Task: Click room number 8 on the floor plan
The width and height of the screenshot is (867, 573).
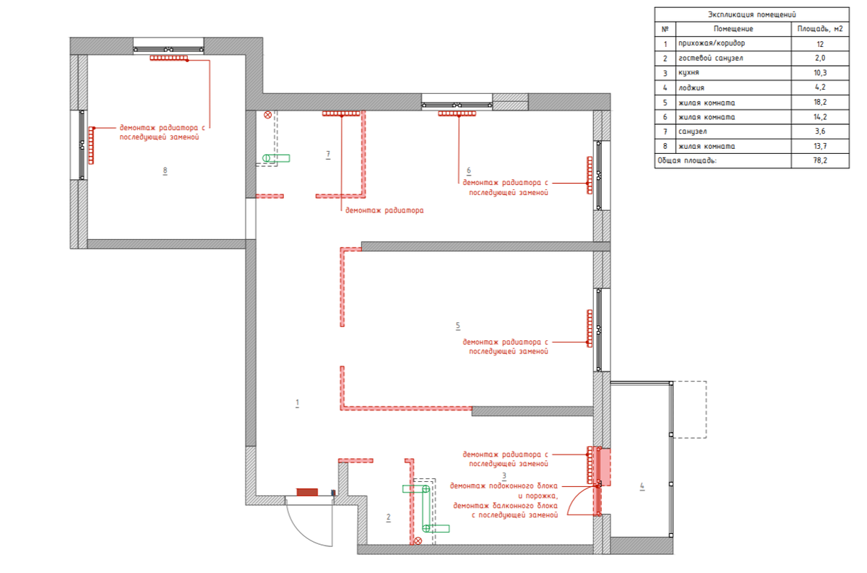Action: [x=165, y=171]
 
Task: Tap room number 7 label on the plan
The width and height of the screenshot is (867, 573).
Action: [x=328, y=155]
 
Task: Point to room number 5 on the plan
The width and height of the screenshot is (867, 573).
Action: [x=458, y=326]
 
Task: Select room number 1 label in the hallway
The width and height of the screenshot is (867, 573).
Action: [x=297, y=403]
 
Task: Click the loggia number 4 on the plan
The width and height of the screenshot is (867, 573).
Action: [x=642, y=486]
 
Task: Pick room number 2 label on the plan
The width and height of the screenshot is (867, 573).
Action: [x=389, y=517]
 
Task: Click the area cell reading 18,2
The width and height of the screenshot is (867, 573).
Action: [x=820, y=102]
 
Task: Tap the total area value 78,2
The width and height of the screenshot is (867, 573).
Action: [x=820, y=160]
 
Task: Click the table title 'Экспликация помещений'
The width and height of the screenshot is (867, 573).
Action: [x=751, y=14]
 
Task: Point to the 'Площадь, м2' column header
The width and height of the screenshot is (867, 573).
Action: [x=820, y=29]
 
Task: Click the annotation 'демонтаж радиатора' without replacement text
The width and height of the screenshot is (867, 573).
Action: [x=384, y=210]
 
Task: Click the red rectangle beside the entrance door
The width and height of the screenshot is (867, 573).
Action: [x=307, y=492]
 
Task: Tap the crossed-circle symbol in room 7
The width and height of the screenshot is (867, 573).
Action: [x=267, y=115]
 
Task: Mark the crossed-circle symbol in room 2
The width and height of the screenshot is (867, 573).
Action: [x=418, y=541]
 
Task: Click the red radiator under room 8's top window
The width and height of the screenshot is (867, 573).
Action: [x=169, y=58]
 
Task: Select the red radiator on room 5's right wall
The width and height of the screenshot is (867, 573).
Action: [x=590, y=328]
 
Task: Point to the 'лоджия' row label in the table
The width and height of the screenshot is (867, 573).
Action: [x=691, y=87]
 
